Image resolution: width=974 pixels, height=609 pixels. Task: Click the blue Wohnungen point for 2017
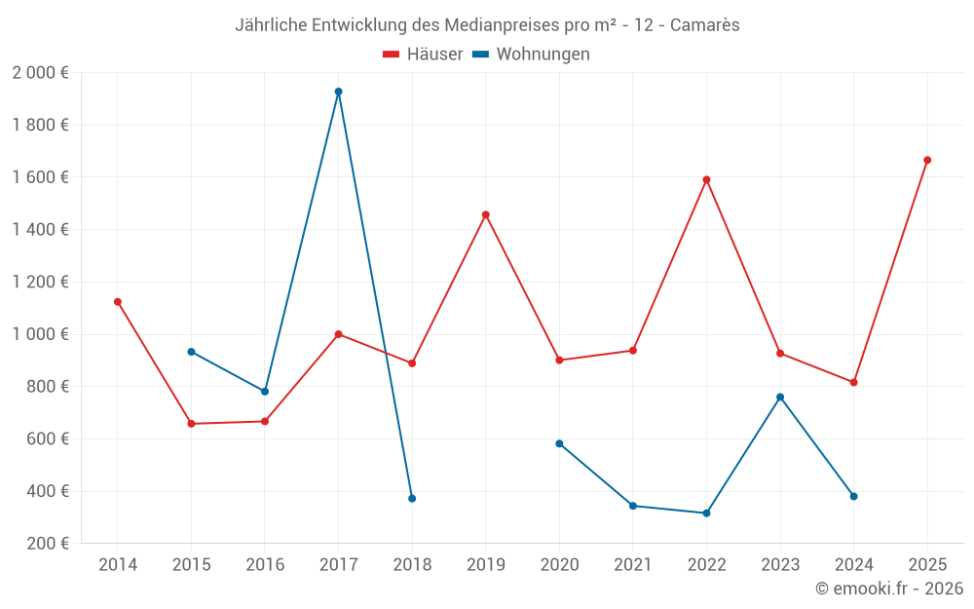click(338, 92)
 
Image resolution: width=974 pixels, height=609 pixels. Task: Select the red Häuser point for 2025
click(927, 160)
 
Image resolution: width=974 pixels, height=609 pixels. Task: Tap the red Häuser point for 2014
click(118, 302)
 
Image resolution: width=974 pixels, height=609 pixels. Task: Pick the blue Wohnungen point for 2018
click(412, 499)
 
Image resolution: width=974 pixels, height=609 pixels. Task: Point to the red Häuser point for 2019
click(486, 214)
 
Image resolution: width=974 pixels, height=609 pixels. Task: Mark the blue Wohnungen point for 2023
click(780, 397)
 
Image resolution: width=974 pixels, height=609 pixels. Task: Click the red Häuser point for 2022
click(706, 179)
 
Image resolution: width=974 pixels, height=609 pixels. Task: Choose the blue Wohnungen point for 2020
click(559, 443)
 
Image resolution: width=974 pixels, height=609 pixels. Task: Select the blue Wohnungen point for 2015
click(191, 352)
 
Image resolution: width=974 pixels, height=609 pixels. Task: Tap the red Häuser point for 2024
click(853, 382)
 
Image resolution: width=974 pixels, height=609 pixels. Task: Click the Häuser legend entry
click(423, 55)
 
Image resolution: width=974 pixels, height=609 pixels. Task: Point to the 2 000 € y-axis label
click(41, 73)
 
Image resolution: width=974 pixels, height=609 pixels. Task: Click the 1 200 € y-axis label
click(41, 283)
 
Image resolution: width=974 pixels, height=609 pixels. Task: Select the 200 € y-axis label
click(47, 544)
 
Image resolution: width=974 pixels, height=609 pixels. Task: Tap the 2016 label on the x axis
click(265, 565)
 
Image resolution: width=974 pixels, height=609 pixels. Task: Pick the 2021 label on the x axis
click(633, 565)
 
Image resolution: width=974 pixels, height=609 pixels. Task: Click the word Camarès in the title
click(706, 25)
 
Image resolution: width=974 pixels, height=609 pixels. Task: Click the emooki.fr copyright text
click(889, 589)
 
